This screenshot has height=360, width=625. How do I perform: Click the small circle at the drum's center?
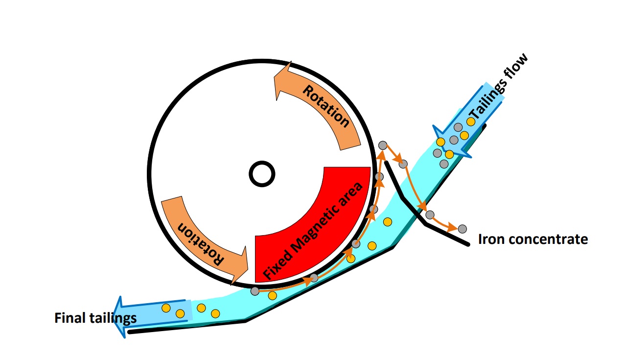[x=261, y=173]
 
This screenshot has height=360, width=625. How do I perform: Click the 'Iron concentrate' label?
[x=532, y=239]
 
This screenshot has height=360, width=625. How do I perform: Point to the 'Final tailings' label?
[x=95, y=318]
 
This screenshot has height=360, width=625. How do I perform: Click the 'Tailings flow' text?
[x=499, y=88]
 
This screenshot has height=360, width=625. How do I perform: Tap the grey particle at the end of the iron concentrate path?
[x=462, y=228]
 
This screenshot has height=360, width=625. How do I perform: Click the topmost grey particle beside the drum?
[x=383, y=145]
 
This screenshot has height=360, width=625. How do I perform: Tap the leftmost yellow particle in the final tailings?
[x=166, y=308]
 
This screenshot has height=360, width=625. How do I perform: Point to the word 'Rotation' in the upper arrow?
[x=326, y=106]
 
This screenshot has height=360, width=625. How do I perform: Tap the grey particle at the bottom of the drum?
[x=255, y=291]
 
